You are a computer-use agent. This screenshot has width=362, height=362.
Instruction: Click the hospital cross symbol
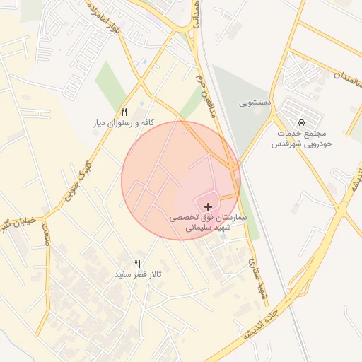coord(208,206)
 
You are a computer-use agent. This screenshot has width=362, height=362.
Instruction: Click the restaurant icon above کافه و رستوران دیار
coord(124,112)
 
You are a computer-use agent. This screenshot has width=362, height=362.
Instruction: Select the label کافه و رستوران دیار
coord(124,123)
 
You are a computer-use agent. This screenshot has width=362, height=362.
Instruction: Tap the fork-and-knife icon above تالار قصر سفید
coord(138,263)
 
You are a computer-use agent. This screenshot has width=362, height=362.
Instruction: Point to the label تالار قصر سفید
coord(139,274)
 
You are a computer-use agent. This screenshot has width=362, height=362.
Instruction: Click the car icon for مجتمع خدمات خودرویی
coord(303,121)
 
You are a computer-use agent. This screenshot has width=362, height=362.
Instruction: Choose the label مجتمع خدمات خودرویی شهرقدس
coord(303,138)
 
